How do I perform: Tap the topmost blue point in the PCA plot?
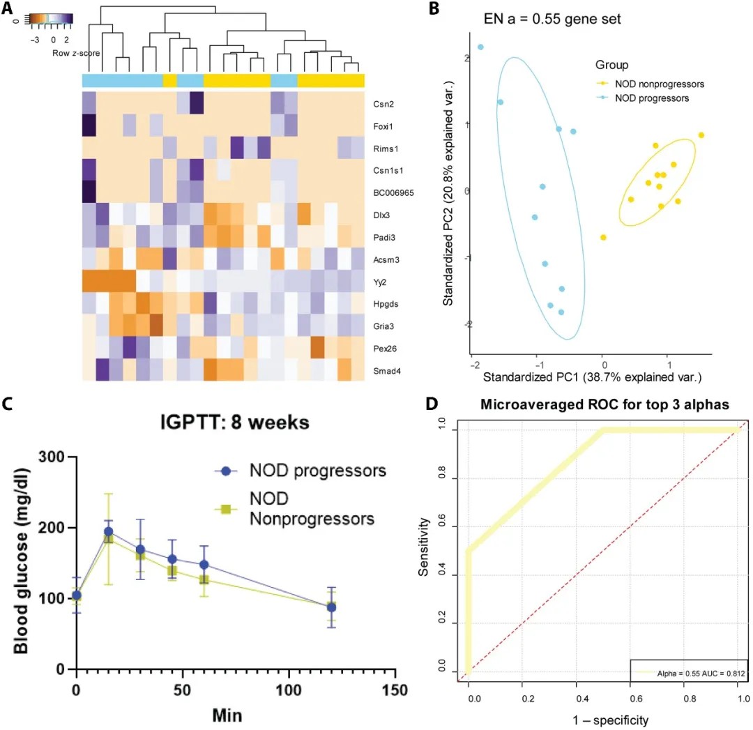pyautogui.click(x=480, y=47)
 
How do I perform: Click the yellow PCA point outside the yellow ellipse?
pyautogui.click(x=603, y=238)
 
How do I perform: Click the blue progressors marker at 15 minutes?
pyautogui.click(x=108, y=532)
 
